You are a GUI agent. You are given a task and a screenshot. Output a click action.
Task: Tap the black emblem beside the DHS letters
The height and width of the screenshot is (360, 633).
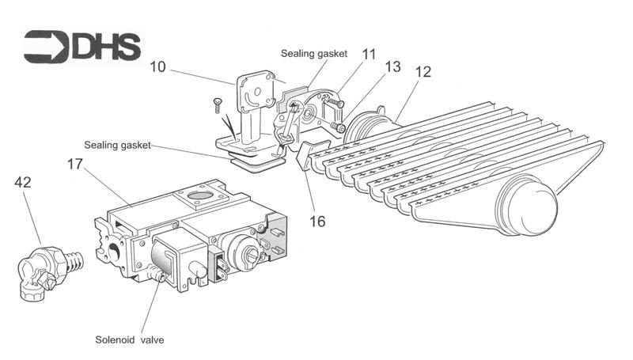pyautogui.click(x=46, y=47)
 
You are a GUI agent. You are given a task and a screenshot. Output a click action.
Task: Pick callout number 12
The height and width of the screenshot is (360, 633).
pyautogui.click(x=423, y=72)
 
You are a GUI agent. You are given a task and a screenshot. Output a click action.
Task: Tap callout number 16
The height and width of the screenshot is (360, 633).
pyautogui.click(x=316, y=222)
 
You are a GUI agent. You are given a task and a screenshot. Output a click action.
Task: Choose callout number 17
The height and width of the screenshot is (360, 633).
pyautogui.click(x=77, y=166)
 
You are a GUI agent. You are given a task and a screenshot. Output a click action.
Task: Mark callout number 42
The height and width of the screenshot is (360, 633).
pyautogui.click(x=24, y=183)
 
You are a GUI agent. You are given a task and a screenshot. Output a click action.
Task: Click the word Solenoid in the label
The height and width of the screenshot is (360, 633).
pyautogui.click(x=112, y=340)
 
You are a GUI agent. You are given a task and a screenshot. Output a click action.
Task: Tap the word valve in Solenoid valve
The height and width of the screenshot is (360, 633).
pyautogui.click(x=151, y=340)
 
